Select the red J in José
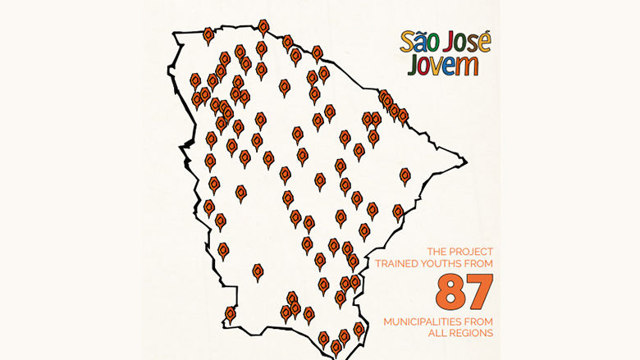[x=454, y=43]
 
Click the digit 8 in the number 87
[x=453, y=291]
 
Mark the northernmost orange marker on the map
[x=263, y=27]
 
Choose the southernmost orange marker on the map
[x=336, y=347]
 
